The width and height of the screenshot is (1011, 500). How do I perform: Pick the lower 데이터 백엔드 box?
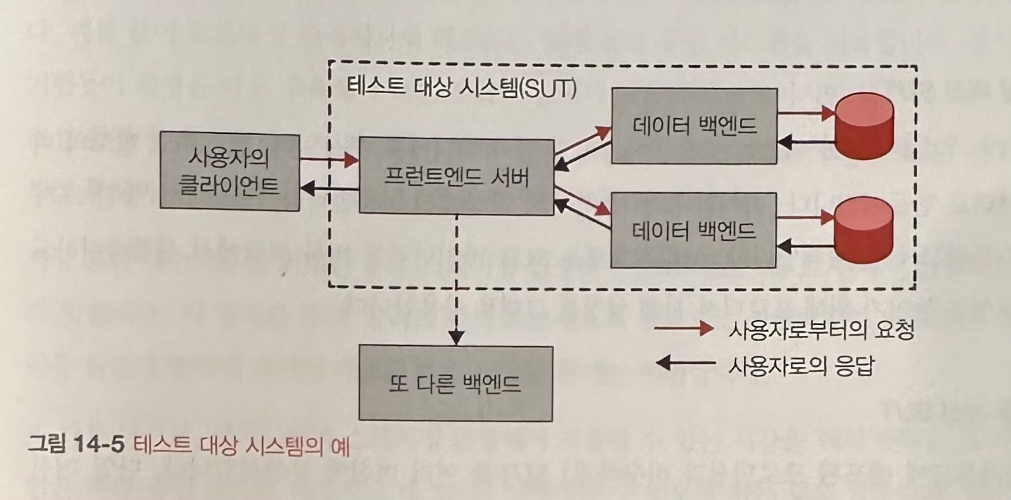coord(694,230)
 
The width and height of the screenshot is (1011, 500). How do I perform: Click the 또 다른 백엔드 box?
coord(456,383)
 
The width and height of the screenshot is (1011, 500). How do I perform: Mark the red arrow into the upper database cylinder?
coord(804,113)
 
